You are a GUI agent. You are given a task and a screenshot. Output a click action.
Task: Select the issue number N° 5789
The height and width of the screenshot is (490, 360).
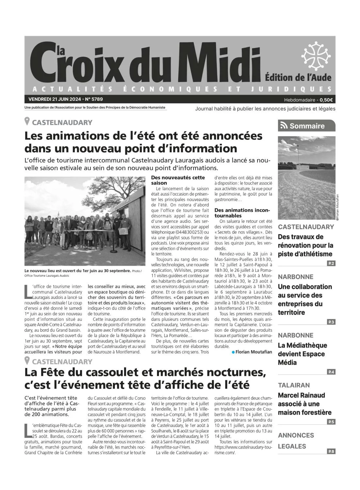(x=94, y=99)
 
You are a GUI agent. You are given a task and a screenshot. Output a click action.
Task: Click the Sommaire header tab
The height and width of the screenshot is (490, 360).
(x=306, y=126)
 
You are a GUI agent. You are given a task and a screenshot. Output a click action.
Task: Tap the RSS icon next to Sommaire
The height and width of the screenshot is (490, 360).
(x=284, y=126)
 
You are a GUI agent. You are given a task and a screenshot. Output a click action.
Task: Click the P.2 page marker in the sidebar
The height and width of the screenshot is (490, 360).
(x=331, y=263)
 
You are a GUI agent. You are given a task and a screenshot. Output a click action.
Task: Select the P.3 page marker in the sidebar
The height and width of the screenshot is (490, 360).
(x=331, y=322)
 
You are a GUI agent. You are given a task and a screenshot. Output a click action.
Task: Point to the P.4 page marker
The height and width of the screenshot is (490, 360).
(x=331, y=372)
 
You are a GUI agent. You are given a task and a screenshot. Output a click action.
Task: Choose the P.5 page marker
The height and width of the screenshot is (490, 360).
(x=331, y=422)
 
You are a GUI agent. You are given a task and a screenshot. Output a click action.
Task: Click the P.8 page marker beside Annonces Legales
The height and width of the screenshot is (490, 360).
(x=331, y=451)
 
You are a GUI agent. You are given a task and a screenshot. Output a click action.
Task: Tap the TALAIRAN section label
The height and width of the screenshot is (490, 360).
(x=294, y=385)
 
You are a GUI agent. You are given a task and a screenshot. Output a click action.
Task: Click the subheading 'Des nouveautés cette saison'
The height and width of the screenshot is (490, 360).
(x=178, y=180)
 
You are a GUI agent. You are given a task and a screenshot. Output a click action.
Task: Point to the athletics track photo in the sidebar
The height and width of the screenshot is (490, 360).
(x=306, y=178)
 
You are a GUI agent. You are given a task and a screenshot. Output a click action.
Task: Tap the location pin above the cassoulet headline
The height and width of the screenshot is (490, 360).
(x=27, y=361)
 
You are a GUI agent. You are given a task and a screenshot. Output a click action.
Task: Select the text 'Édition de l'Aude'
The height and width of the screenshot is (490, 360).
(x=298, y=77)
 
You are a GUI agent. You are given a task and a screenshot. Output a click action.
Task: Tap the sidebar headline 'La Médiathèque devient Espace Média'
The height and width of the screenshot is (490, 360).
(x=302, y=354)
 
